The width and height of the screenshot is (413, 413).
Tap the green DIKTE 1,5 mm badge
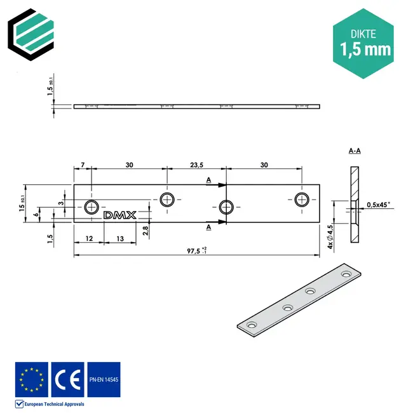(362, 43)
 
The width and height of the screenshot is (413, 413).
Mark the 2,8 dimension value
(146, 230)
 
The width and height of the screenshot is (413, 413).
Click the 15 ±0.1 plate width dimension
(23, 204)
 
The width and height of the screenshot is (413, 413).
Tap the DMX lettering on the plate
(119, 215)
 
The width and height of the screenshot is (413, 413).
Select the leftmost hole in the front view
(93, 207)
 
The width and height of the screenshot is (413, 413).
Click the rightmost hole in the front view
(302, 200)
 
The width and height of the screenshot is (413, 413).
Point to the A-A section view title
(355, 151)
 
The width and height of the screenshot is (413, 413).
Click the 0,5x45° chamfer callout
(379, 205)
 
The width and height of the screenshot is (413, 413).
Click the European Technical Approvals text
(54, 403)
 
